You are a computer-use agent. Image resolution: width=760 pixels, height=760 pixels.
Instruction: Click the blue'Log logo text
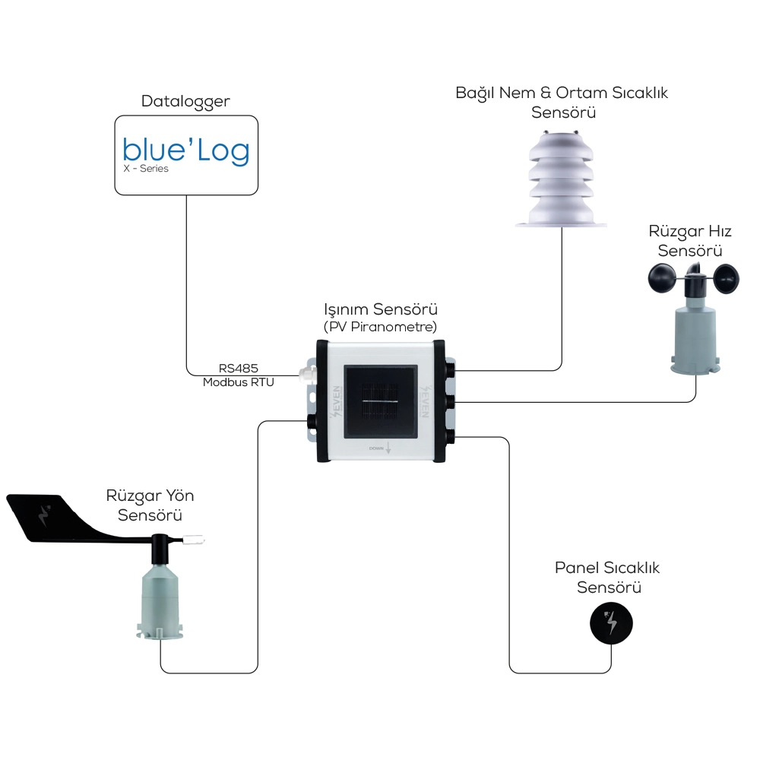[185, 150]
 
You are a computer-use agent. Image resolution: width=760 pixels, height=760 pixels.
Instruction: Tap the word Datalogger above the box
[185, 101]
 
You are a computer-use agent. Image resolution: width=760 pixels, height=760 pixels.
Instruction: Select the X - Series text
[146, 169]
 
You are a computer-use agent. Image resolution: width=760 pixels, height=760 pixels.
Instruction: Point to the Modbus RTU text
[238, 382]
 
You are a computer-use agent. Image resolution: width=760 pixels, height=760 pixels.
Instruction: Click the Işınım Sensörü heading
[381, 310]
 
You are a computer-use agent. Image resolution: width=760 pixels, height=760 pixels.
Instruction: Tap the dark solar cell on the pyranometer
[379, 401]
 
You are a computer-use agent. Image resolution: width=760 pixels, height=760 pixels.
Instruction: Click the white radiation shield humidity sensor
[561, 179]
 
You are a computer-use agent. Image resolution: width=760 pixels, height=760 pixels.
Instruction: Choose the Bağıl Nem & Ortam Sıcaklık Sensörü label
[562, 103]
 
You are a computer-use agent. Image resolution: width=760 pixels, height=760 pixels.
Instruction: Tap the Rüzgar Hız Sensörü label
[690, 240]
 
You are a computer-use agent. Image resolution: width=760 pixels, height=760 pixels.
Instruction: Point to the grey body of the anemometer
[694, 334]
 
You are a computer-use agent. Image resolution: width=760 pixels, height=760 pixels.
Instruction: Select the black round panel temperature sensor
[611, 623]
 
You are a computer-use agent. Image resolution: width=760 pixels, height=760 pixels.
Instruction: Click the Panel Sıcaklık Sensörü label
[608, 578]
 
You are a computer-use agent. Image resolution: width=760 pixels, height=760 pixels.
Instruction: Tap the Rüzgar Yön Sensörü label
[150, 505]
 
